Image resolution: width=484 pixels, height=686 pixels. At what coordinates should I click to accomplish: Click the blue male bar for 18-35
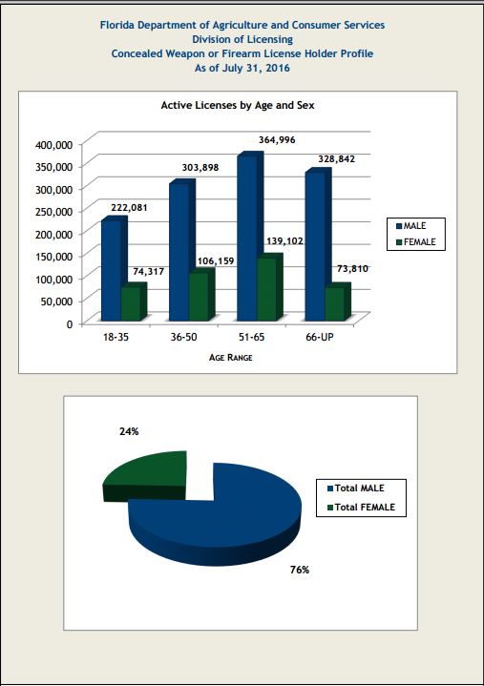111,269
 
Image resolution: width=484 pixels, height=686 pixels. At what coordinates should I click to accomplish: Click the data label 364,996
277,140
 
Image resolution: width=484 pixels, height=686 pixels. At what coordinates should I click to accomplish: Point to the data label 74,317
148,272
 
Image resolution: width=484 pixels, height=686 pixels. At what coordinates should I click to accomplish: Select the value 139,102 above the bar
284,241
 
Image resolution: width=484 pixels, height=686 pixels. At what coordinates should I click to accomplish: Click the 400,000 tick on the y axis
53,144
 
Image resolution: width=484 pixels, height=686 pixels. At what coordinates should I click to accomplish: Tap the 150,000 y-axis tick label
53,257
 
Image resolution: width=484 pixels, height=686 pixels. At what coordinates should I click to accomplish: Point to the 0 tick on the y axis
69,324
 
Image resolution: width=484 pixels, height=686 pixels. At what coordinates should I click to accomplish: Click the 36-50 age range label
184,337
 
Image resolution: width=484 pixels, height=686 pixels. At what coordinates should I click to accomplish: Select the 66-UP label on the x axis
320,337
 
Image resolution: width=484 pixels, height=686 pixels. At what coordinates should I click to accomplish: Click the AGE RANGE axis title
231,358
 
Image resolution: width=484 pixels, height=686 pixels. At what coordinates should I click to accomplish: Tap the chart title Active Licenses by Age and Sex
238,106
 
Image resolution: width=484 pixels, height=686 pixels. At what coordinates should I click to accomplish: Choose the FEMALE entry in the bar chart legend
415,242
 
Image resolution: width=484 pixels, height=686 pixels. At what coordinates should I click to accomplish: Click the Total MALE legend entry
356,489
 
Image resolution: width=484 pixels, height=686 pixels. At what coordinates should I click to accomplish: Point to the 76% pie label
300,570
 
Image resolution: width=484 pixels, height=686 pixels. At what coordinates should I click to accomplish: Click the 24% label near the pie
129,432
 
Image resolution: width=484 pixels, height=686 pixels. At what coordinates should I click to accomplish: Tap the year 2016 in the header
278,69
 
